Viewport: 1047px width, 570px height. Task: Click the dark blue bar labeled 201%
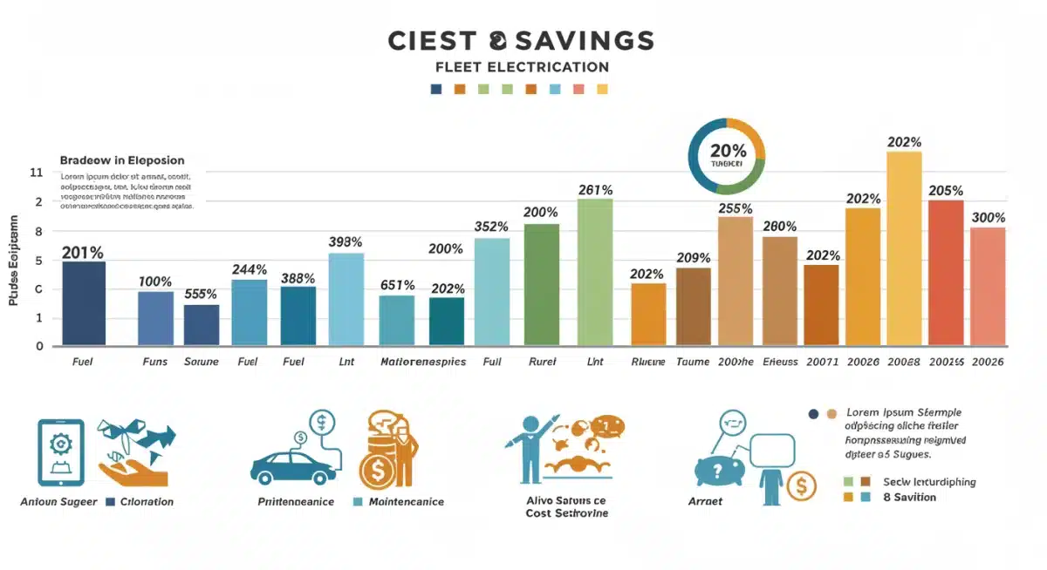[84, 302]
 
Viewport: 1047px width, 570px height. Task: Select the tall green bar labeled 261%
[595, 271]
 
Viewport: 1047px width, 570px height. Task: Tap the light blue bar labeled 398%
[346, 298]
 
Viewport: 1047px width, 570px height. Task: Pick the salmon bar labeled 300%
[988, 285]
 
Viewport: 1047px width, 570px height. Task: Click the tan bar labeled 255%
[735, 280]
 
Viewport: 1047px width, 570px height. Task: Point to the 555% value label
[201, 295]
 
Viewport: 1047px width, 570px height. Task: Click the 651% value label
[397, 285]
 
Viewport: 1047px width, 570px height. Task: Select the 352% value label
[491, 227]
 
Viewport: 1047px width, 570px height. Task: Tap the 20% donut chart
[726, 157]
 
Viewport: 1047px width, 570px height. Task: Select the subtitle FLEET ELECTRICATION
[522, 67]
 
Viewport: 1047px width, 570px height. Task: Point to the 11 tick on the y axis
[36, 173]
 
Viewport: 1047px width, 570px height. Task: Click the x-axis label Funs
[155, 361]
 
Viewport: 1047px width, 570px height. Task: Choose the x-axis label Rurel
[541, 361]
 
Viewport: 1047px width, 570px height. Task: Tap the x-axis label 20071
[821, 361]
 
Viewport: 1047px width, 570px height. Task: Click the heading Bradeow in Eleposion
[122, 160]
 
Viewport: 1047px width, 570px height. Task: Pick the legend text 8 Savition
[909, 497]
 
